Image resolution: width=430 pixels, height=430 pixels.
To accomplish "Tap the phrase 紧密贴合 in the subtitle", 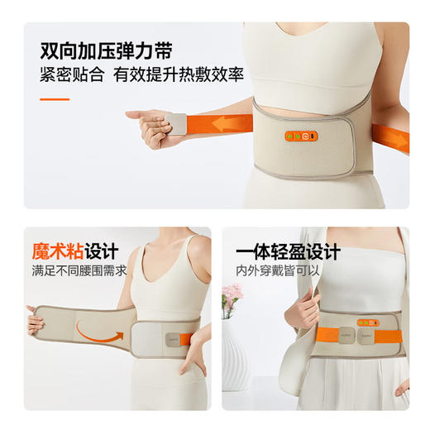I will (x=72, y=74).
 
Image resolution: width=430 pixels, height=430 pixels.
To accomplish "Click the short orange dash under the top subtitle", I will (x=55, y=99).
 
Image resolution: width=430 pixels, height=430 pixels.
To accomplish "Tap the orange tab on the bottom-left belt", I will (x=188, y=339).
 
